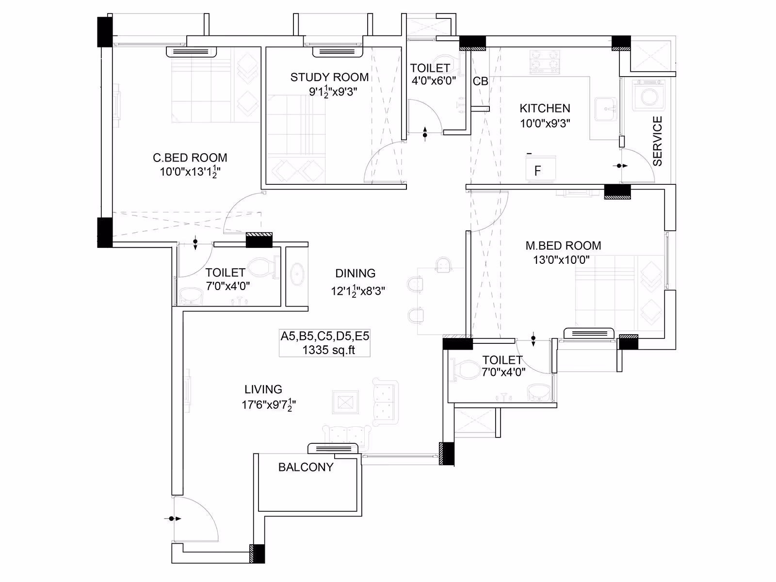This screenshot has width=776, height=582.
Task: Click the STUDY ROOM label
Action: [x=329, y=77]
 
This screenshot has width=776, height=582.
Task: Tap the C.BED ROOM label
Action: [x=190, y=158]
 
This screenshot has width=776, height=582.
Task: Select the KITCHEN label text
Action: [x=545, y=108]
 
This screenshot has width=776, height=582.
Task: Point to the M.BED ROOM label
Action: [x=563, y=245]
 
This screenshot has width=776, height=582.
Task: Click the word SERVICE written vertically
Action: [x=657, y=141]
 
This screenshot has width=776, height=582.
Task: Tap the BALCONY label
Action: [x=306, y=467]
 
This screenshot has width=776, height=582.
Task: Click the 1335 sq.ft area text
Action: [x=328, y=350]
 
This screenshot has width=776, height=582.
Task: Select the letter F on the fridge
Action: [x=537, y=171]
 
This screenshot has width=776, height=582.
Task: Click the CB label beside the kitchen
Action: [x=481, y=81]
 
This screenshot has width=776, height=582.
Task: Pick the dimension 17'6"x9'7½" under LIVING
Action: [x=269, y=404]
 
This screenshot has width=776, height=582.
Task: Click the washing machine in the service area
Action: [x=649, y=95]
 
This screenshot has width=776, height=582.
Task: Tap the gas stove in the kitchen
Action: [x=545, y=62]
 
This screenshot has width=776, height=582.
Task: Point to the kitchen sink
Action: [x=606, y=109]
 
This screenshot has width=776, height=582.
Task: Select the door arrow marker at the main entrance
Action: [x=173, y=519]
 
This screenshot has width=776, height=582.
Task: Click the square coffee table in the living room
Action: [x=345, y=402]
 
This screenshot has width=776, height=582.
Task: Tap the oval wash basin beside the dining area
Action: [x=297, y=274]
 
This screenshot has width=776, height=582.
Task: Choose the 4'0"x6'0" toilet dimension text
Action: [x=434, y=81]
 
